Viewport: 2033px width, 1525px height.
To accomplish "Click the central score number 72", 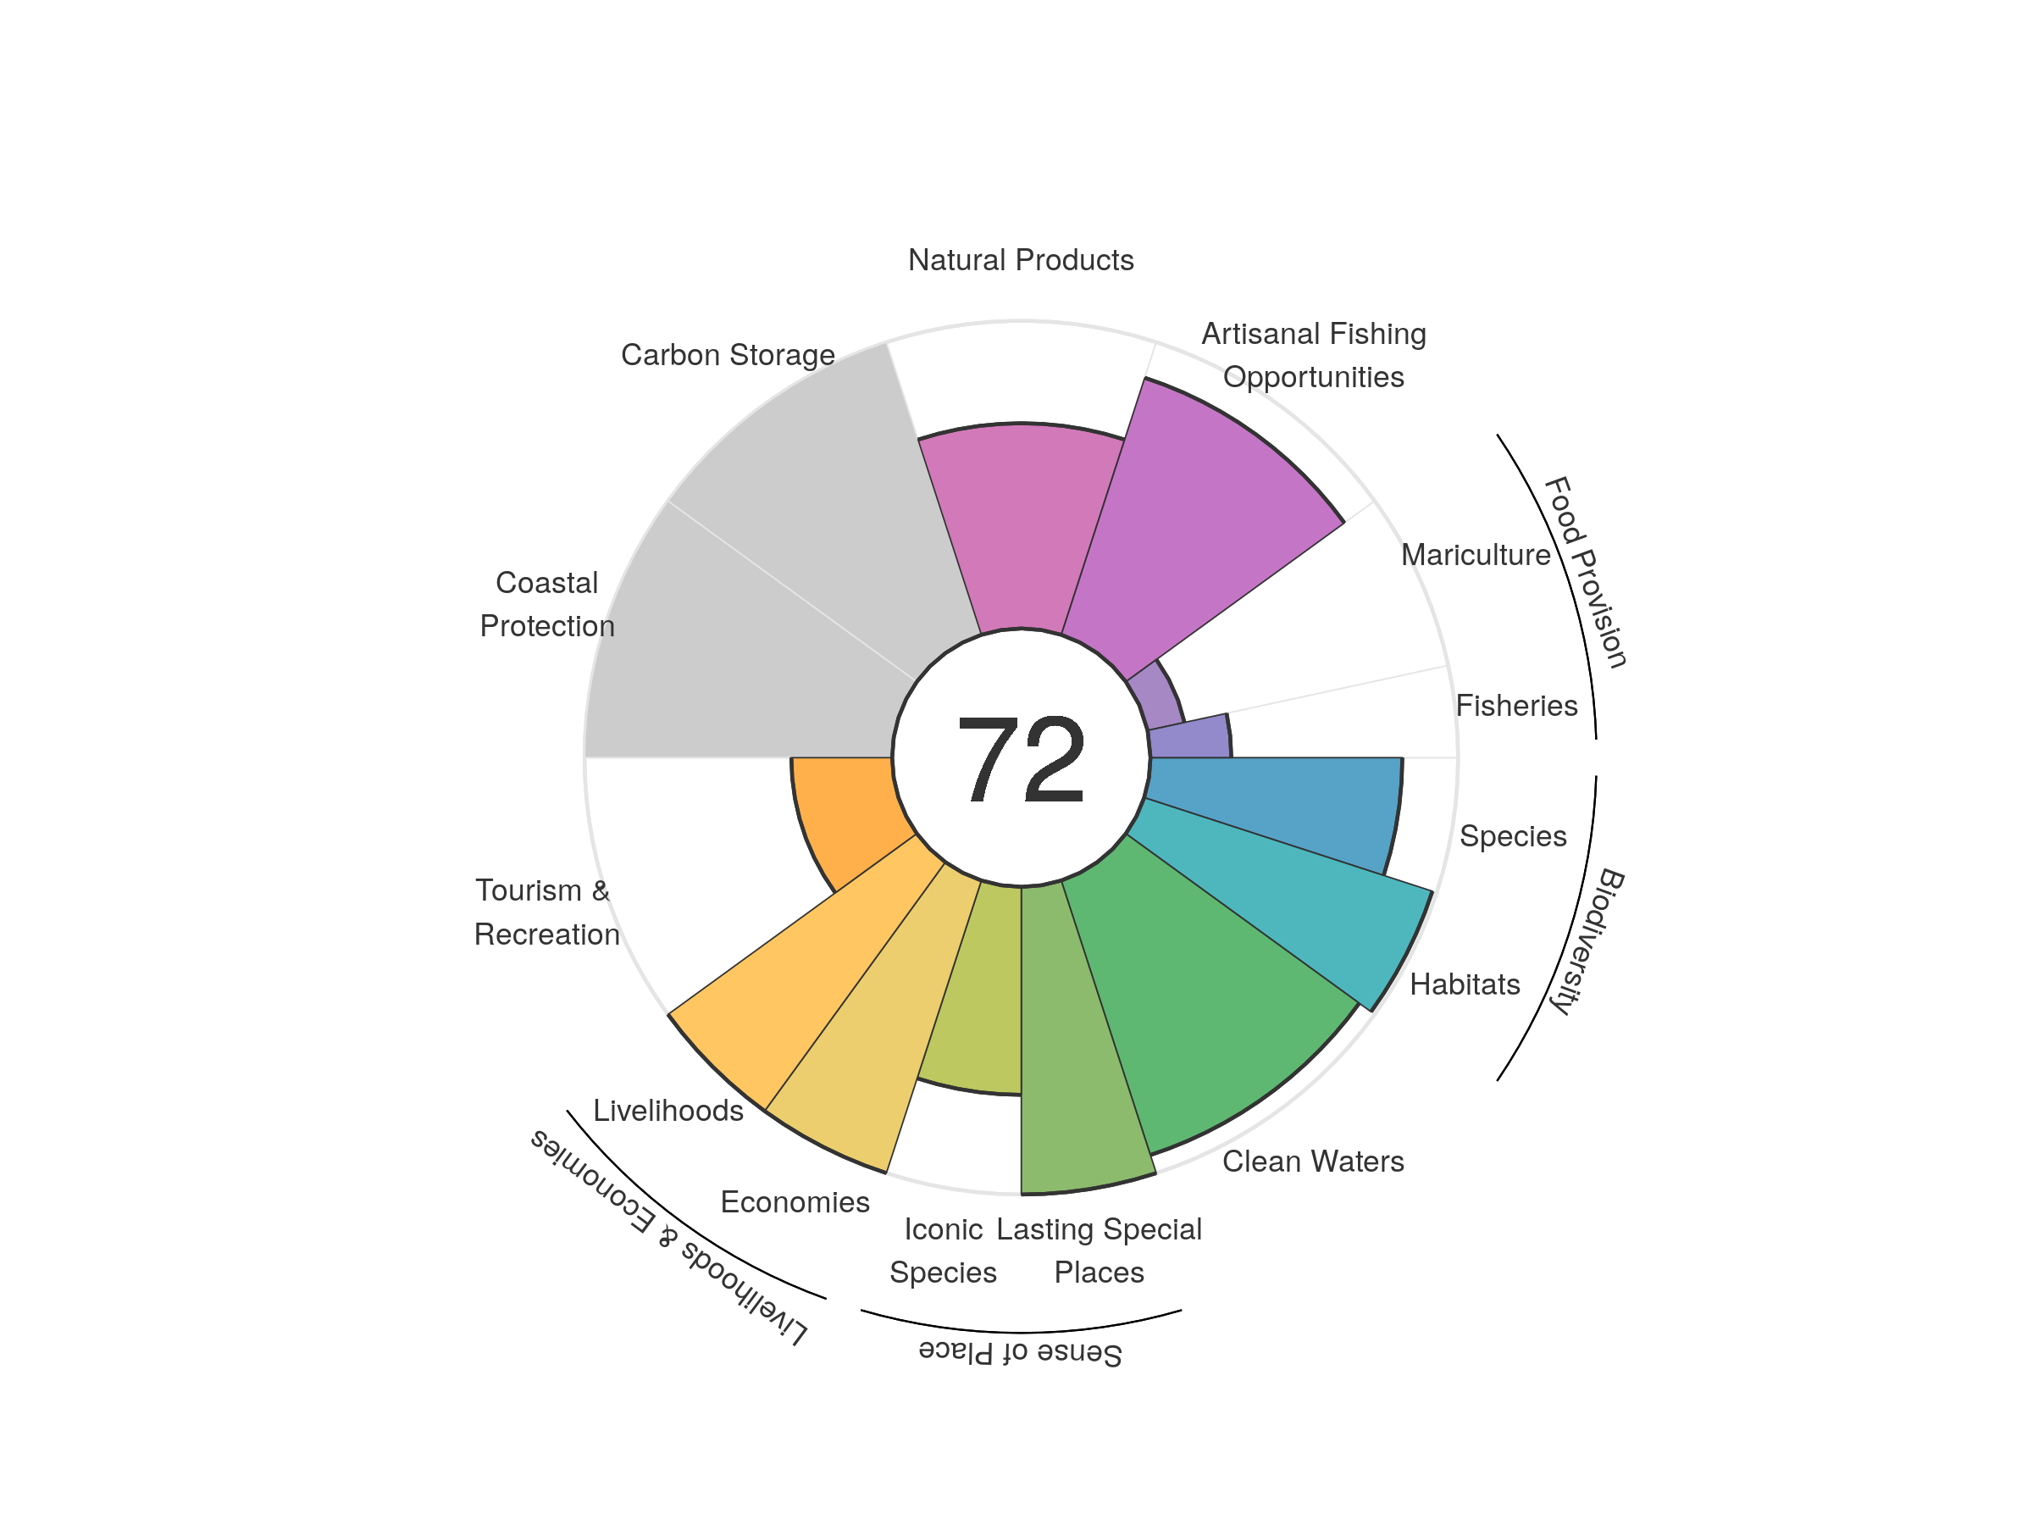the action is (1020, 759).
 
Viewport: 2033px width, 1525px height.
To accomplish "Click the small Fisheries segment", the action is (1190, 738).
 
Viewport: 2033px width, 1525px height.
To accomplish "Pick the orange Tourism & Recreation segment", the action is (845, 809).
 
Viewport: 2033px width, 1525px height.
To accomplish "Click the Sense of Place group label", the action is (1020, 1352).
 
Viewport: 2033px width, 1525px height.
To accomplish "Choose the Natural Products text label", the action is (1020, 260).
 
